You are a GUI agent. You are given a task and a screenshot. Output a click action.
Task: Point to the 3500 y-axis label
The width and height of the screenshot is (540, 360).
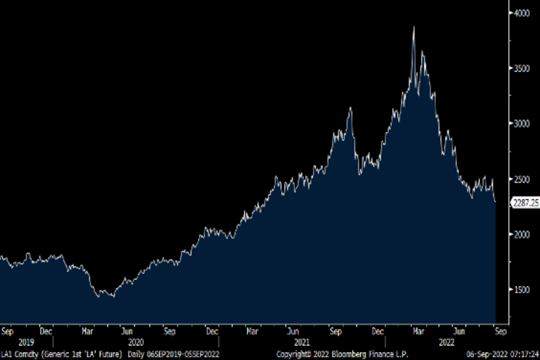pyautogui.click(x=522, y=68)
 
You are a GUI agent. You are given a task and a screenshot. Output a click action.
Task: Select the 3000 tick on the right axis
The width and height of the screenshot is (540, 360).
pyautogui.click(x=522, y=124)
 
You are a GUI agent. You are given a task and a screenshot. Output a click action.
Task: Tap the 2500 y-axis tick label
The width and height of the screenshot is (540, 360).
pyautogui.click(x=522, y=179)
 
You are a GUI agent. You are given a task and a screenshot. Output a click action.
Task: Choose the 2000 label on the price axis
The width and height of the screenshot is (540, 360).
pyautogui.click(x=522, y=234)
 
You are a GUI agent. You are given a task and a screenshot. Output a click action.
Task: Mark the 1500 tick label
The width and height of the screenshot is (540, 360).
pyautogui.click(x=522, y=290)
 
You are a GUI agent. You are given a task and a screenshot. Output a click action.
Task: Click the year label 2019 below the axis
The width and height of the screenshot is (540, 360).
pyautogui.click(x=26, y=342)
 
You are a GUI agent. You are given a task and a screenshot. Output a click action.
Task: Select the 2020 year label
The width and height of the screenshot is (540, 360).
pyautogui.click(x=135, y=342)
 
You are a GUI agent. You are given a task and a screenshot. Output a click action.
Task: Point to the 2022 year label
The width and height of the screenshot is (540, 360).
pyautogui.click(x=446, y=342)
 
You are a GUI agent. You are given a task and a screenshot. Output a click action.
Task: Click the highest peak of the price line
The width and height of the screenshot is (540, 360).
pyautogui.click(x=414, y=27)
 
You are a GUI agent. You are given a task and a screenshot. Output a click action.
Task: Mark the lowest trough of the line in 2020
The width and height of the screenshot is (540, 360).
pyautogui.click(x=113, y=297)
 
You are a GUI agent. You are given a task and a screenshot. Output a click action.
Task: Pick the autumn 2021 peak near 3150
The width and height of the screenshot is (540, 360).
pyautogui.click(x=351, y=108)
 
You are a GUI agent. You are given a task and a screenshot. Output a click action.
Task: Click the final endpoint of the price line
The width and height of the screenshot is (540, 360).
pyautogui.click(x=495, y=202)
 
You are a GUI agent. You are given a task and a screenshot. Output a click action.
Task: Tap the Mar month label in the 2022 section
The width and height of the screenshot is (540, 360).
pyautogui.click(x=419, y=332)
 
